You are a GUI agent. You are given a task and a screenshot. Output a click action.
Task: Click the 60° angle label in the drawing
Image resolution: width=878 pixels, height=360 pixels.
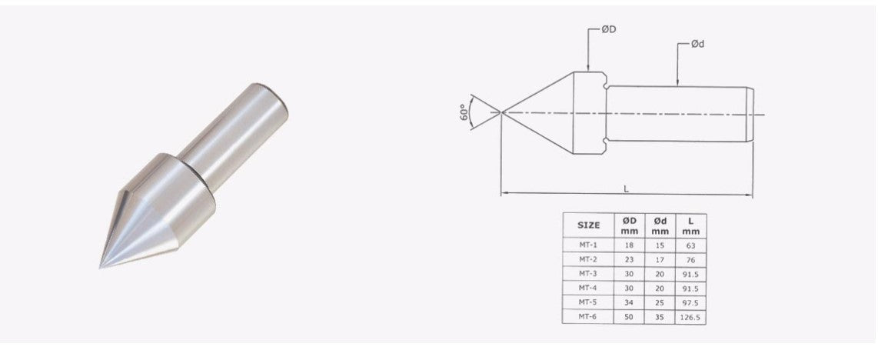click(x=463, y=112)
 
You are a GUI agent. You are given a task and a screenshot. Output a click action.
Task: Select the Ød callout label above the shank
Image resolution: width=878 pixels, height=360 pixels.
click(x=697, y=45)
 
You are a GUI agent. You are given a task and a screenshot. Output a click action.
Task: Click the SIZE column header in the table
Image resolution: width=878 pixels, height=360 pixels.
click(x=588, y=225)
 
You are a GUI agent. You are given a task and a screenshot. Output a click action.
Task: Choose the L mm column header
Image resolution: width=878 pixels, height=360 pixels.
click(x=690, y=225)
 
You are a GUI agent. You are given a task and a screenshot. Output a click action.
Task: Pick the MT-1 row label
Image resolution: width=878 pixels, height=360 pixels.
click(x=588, y=245)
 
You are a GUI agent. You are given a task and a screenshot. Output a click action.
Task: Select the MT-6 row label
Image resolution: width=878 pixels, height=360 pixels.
click(x=588, y=316)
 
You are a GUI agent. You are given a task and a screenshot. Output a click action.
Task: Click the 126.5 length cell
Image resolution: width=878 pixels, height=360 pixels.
click(x=690, y=316)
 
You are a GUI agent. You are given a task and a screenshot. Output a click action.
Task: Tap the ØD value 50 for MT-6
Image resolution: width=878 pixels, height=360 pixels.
click(x=628, y=316)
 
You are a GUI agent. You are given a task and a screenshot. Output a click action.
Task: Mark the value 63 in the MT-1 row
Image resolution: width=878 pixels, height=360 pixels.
click(x=690, y=245)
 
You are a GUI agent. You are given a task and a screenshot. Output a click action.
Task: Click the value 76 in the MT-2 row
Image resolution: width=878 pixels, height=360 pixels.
click(x=690, y=259)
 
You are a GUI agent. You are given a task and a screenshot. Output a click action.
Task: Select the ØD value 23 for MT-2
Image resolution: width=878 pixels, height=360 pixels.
click(x=628, y=259)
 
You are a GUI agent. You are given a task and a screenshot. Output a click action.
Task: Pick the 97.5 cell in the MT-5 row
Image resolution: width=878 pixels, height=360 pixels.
click(x=690, y=302)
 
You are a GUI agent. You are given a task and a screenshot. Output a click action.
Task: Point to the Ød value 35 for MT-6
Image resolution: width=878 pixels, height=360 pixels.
click(x=659, y=316)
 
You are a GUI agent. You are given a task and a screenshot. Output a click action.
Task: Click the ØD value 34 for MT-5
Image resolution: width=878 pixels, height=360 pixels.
click(x=628, y=302)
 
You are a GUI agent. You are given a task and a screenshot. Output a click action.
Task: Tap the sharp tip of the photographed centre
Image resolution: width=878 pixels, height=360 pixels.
click(x=101, y=266)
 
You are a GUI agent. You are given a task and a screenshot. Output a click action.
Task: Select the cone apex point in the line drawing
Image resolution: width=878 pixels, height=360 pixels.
click(x=501, y=112)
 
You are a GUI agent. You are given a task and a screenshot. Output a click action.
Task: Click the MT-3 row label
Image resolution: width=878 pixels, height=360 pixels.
click(x=588, y=273)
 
